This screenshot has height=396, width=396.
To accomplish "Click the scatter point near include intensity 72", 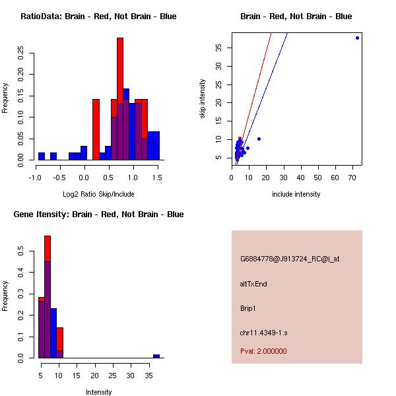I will pyautogui.click(x=357, y=38).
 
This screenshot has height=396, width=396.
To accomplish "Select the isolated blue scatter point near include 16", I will pyautogui.click(x=259, y=139).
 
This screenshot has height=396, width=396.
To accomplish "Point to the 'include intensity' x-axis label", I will pyautogui.click(x=296, y=194).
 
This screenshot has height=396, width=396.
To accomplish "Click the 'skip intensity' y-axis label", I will pyautogui.click(x=203, y=99).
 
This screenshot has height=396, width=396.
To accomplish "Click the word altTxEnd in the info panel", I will pyautogui.click(x=253, y=284).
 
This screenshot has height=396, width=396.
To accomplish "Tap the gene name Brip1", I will pyautogui.click(x=248, y=308).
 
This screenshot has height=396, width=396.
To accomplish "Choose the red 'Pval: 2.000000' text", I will pyautogui.click(x=263, y=351).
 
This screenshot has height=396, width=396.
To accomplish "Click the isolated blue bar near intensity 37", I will pyautogui.click(x=156, y=356).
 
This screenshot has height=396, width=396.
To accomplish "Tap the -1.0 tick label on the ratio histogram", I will pyautogui.click(x=35, y=178).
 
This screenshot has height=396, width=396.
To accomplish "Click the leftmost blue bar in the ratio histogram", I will pyautogui.click(x=42, y=156).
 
